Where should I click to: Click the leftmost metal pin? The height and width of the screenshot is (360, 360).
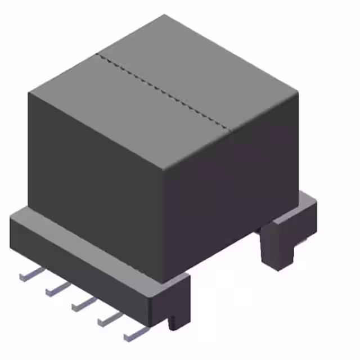[31, 274]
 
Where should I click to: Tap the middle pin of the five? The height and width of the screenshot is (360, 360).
[83, 304]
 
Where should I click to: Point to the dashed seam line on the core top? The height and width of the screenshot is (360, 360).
[163, 92]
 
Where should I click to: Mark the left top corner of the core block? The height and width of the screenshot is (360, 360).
[29, 92]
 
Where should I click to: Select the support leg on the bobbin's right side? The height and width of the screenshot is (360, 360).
[277, 245]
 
